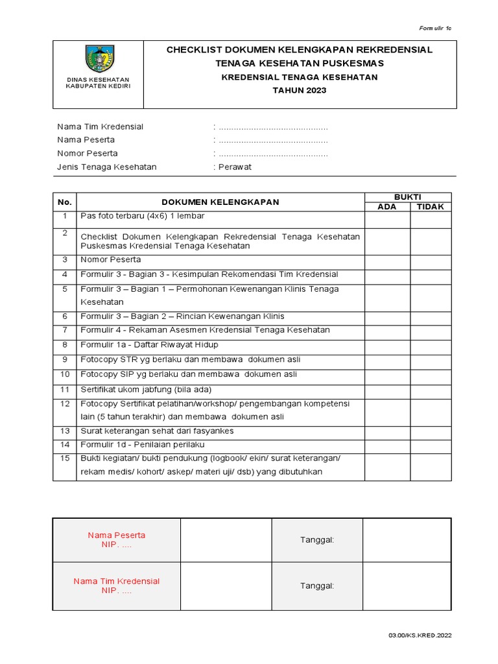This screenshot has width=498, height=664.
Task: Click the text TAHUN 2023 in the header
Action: [300, 90]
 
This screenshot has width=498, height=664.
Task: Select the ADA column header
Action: [386, 207]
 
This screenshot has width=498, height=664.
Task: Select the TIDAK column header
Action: [431, 207]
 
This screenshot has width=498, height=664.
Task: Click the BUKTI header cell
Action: [408, 196]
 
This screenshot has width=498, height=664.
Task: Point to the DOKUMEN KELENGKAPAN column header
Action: [220, 202]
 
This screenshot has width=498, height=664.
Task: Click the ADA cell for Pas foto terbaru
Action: [386, 220]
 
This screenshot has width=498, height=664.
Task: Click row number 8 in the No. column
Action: [65, 345]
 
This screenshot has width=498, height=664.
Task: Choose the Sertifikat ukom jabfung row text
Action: [146, 390]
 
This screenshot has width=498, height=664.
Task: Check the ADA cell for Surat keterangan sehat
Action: [386, 431]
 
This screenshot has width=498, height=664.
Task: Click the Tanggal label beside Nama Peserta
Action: [316, 540]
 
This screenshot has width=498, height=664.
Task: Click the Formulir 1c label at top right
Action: [435, 29]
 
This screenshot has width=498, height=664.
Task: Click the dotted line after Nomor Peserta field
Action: [272, 154]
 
